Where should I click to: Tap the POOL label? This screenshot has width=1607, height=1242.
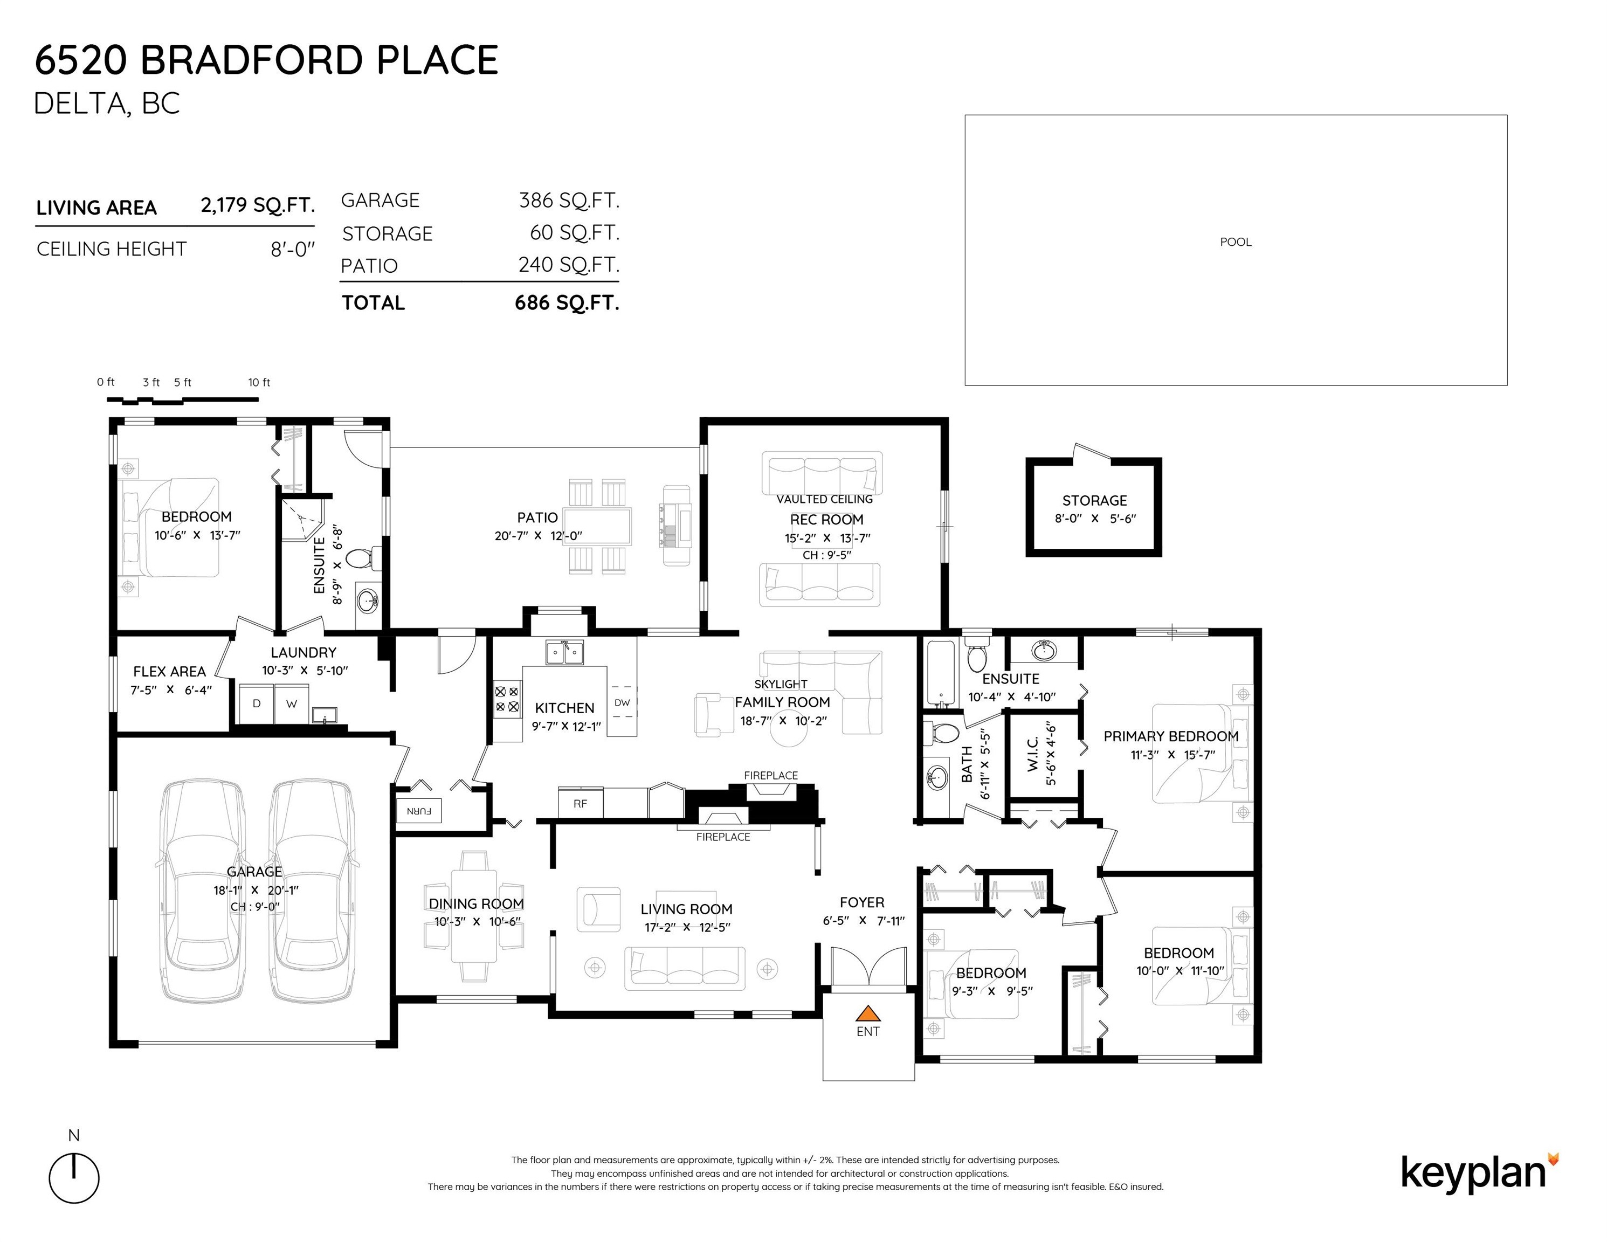click(1236, 242)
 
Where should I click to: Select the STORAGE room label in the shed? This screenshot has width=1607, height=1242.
click(1094, 500)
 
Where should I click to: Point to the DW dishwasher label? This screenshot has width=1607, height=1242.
click(623, 703)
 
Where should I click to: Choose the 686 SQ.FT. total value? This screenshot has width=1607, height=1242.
click(567, 302)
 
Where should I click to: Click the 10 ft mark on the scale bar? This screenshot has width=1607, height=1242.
click(259, 383)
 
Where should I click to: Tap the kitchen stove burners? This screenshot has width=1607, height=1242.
click(506, 699)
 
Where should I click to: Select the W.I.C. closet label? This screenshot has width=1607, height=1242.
click(1033, 754)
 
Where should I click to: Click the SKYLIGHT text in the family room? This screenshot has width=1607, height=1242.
click(781, 684)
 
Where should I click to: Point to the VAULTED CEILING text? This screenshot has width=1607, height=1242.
click(825, 499)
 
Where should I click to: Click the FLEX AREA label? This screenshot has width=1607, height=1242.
click(169, 672)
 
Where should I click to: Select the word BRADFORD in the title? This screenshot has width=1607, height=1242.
click(252, 60)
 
